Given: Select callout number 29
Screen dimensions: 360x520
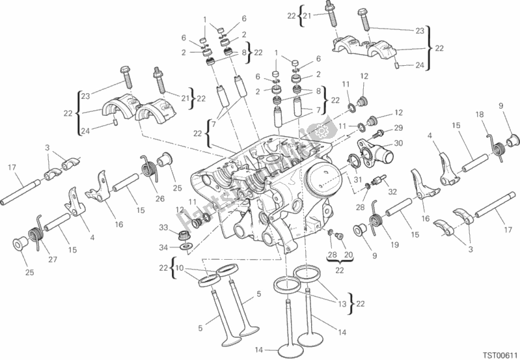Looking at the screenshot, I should point(398,128).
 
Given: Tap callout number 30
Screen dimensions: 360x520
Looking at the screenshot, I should point(398,144).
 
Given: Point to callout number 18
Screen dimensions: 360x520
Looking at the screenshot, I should point(479,115).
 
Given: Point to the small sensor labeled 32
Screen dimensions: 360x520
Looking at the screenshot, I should point(376,181).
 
